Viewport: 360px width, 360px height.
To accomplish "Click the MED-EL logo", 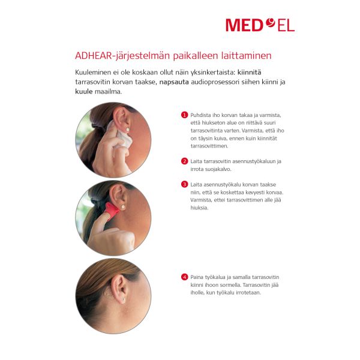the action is (260, 25).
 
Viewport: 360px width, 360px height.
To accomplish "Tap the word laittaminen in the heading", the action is (247, 56).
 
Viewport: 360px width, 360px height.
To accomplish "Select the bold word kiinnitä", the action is (249, 73).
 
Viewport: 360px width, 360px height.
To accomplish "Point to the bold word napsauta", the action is (174, 82).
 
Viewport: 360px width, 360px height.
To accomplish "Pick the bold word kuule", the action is (84, 91).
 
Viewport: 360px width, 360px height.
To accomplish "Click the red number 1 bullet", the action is (184, 115).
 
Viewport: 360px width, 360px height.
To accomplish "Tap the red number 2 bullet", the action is (184, 161).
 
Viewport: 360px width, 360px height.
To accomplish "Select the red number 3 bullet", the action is (184, 184).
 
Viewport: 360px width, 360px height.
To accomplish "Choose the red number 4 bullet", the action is (184, 277).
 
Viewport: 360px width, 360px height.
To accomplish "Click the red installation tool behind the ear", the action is (112, 210).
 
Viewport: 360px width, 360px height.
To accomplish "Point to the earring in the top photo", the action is (127, 130).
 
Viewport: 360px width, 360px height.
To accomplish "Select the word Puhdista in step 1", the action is (200, 115).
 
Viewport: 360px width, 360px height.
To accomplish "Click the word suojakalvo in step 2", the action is (215, 169).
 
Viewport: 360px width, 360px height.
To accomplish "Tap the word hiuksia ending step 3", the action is (199, 208).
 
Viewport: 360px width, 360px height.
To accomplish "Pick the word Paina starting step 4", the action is (197, 277).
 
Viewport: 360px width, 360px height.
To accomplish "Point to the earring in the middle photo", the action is (123, 207).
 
